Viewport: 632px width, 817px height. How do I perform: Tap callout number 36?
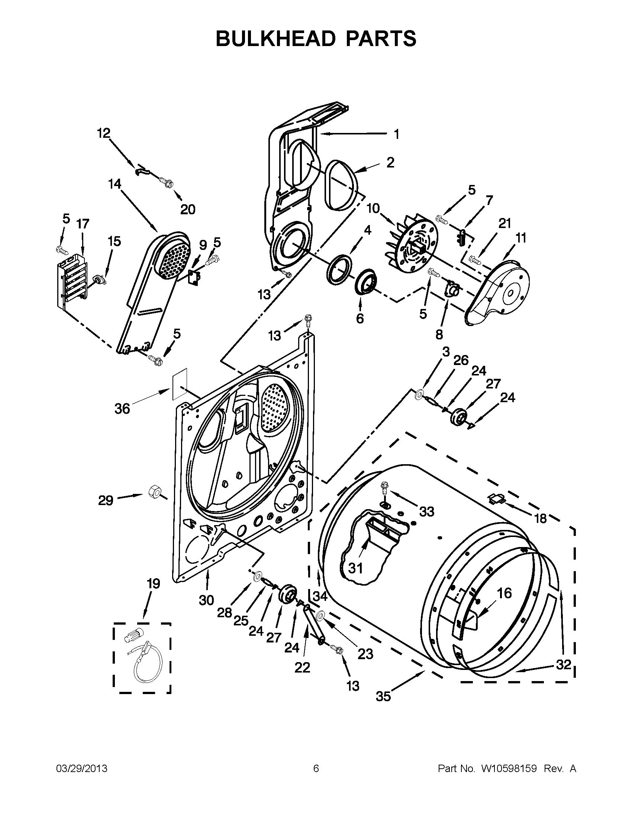click(122, 408)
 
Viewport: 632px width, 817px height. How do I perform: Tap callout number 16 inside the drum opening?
click(504, 593)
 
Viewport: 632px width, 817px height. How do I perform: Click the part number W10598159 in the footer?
click(509, 769)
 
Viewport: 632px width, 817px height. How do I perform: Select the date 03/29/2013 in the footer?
click(82, 769)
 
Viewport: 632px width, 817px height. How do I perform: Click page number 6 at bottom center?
click(316, 769)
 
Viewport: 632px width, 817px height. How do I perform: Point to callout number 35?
click(383, 707)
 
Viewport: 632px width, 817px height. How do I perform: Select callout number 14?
click(115, 184)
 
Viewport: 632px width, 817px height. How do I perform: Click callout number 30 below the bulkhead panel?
click(206, 611)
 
